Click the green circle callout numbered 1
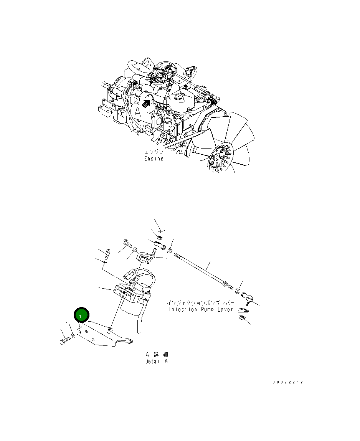coord(82,315)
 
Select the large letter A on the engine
coord(137,112)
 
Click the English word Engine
coord(154,159)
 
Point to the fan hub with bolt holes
coord(218,158)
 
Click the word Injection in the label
coord(183,309)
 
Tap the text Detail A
coord(156,361)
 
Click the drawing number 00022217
coord(288,382)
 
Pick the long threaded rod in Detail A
coord(201,271)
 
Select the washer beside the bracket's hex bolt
coord(73,336)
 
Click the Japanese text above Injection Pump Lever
coord(200,303)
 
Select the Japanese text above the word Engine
coord(154,152)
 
